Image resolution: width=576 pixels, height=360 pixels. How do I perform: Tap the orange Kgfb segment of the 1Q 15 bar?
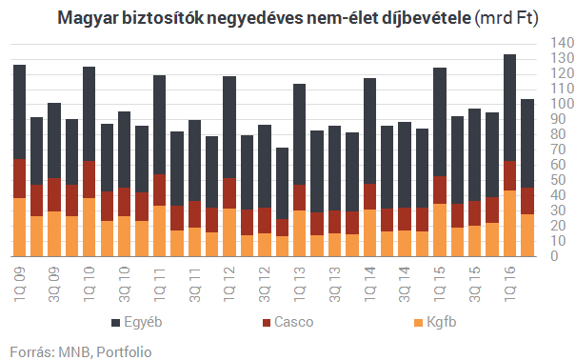[440, 230]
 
